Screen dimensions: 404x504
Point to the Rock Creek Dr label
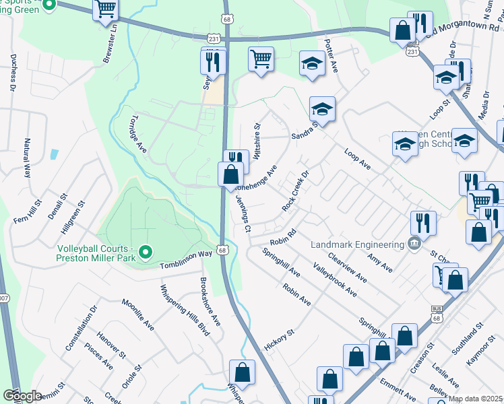point(296,191)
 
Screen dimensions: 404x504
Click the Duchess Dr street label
point(13,74)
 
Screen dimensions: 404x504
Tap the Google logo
point(22,395)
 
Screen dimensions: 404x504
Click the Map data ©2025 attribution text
point(475,399)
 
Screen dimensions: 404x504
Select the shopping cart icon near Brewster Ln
point(106,10)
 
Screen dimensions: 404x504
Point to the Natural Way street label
point(28,157)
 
